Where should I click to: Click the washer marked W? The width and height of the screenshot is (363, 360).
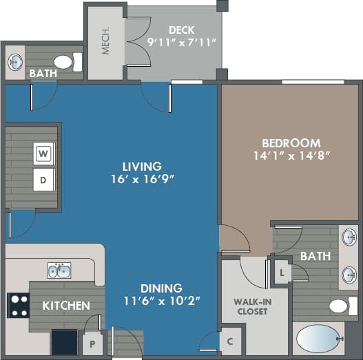pyautogui.click(x=43, y=153)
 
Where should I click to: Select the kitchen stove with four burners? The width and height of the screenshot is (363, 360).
pyautogui.click(x=17, y=304)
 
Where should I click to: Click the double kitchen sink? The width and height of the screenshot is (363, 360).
pyautogui.click(x=59, y=270)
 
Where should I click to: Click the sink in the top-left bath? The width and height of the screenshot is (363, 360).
pyautogui.click(x=15, y=63)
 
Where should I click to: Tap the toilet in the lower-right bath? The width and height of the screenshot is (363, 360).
pyautogui.click(x=340, y=306)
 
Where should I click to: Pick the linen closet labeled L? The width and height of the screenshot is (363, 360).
pyautogui.click(x=281, y=271)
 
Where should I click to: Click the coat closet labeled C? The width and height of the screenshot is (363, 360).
pyautogui.click(x=230, y=341)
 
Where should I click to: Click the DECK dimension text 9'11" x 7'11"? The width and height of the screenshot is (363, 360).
pyautogui.click(x=182, y=42)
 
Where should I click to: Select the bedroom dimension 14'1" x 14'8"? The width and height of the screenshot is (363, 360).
pyautogui.click(x=292, y=156)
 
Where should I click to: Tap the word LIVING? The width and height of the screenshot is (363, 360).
pyautogui.click(x=142, y=166)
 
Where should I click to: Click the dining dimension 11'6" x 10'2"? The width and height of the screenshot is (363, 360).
pyautogui.click(x=163, y=300)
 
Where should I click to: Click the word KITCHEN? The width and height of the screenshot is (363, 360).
pyautogui.click(x=66, y=305)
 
